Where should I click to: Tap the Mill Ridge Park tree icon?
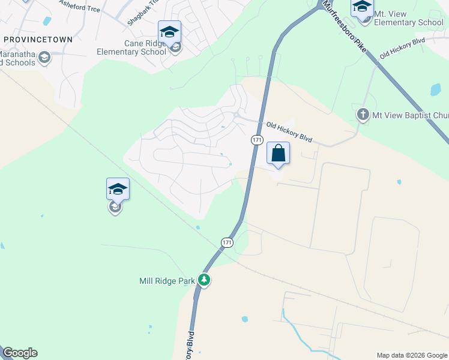[204, 280]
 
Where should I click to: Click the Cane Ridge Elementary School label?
[131, 47]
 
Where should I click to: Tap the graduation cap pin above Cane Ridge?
[169, 31]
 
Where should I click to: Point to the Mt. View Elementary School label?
[408, 18]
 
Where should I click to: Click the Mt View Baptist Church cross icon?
[363, 114]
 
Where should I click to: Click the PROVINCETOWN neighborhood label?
[38, 40]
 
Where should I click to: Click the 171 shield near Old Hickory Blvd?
[257, 139]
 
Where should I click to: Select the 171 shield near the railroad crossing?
[226, 242]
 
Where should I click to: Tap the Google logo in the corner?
[20, 353]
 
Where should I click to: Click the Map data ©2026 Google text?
[412, 355]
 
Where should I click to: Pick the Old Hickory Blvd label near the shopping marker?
[290, 131]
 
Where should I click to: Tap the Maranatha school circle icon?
[43, 58]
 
